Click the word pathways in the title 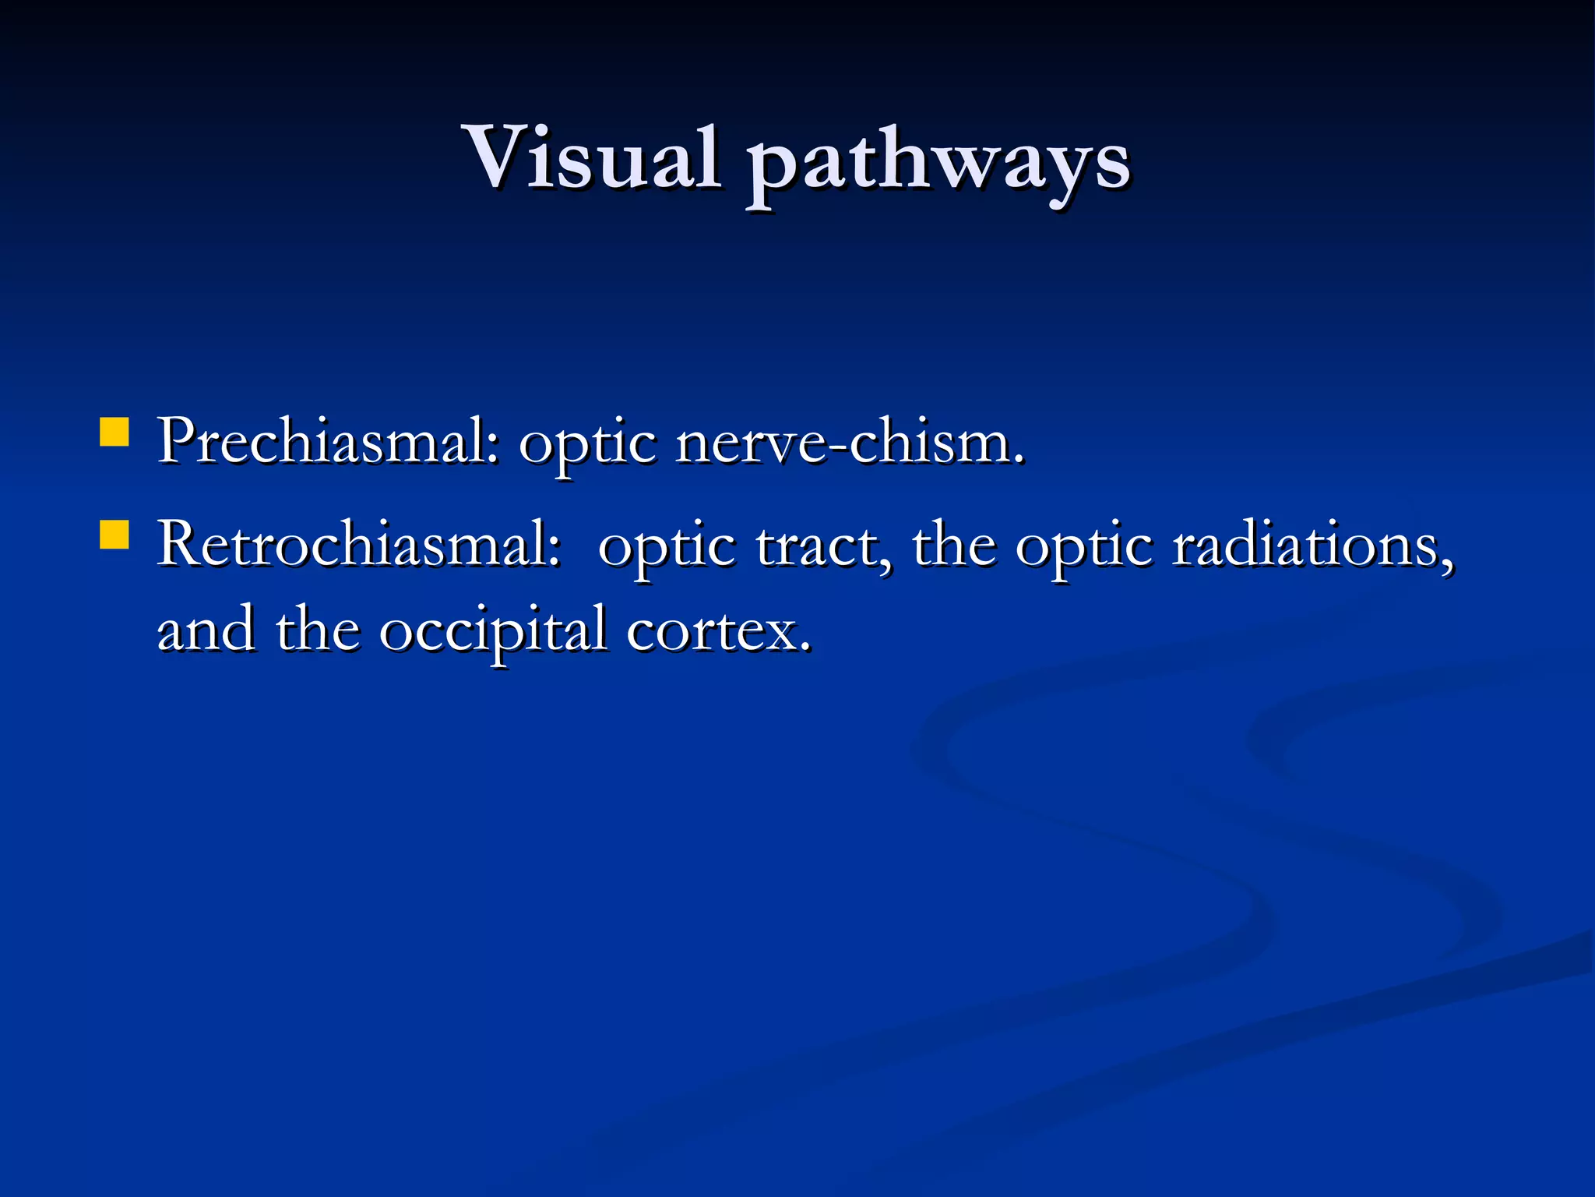(938, 164)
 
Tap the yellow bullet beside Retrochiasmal (114, 536)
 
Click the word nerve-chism (849, 443)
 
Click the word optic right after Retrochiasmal (667, 549)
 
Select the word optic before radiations (1083, 549)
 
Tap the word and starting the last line (206, 630)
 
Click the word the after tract (954, 546)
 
